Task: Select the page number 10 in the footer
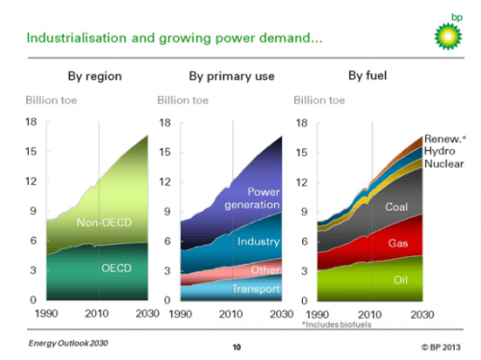(x=237, y=345)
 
